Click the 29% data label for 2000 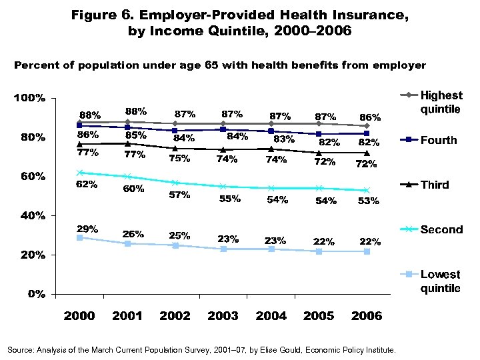(x=88, y=229)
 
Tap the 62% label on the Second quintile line (x=88, y=185)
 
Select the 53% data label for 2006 (x=368, y=201)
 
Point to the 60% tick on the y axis (x=31, y=177)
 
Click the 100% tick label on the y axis (x=29, y=98)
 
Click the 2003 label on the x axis (x=223, y=316)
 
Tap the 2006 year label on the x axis (x=367, y=316)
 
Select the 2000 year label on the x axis (x=79, y=316)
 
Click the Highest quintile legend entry (x=440, y=102)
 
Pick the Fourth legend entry (x=439, y=140)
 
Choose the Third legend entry (x=435, y=185)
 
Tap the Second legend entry (x=441, y=229)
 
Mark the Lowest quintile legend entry (x=440, y=281)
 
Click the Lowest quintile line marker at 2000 (x=79, y=237)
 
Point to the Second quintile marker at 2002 (x=175, y=183)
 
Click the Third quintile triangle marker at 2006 (x=367, y=153)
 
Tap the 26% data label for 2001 (x=133, y=233)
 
